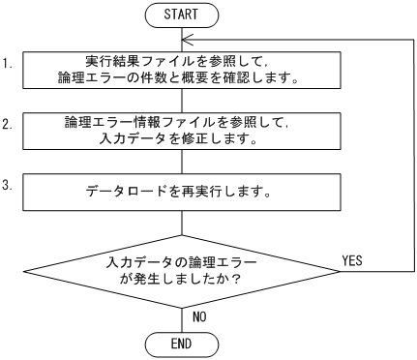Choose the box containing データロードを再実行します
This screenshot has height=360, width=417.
[x=182, y=192]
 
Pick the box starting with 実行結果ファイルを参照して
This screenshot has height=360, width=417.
[x=182, y=69]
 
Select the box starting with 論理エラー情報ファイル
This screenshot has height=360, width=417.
[x=182, y=131]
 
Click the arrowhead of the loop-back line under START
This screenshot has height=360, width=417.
[x=188, y=39]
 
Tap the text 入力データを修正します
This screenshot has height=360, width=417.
[x=182, y=139]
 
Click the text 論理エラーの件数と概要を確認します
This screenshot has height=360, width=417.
[x=182, y=77]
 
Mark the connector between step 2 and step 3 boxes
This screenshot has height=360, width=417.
[x=182, y=161]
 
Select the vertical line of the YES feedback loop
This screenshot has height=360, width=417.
[x=407, y=155]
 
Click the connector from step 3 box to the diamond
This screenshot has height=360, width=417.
[x=182, y=223]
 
